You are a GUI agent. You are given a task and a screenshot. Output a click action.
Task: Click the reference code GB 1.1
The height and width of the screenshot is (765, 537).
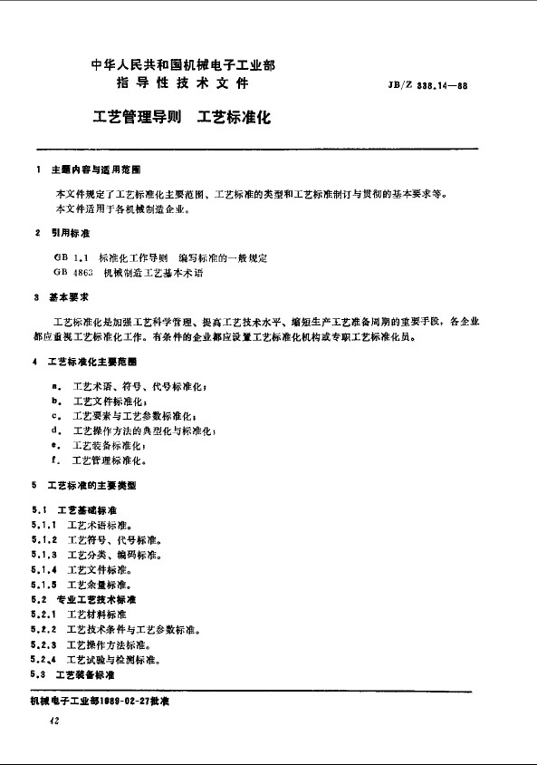(x=71, y=258)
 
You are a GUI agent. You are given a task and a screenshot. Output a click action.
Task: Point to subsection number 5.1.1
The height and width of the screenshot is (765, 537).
(x=44, y=525)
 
